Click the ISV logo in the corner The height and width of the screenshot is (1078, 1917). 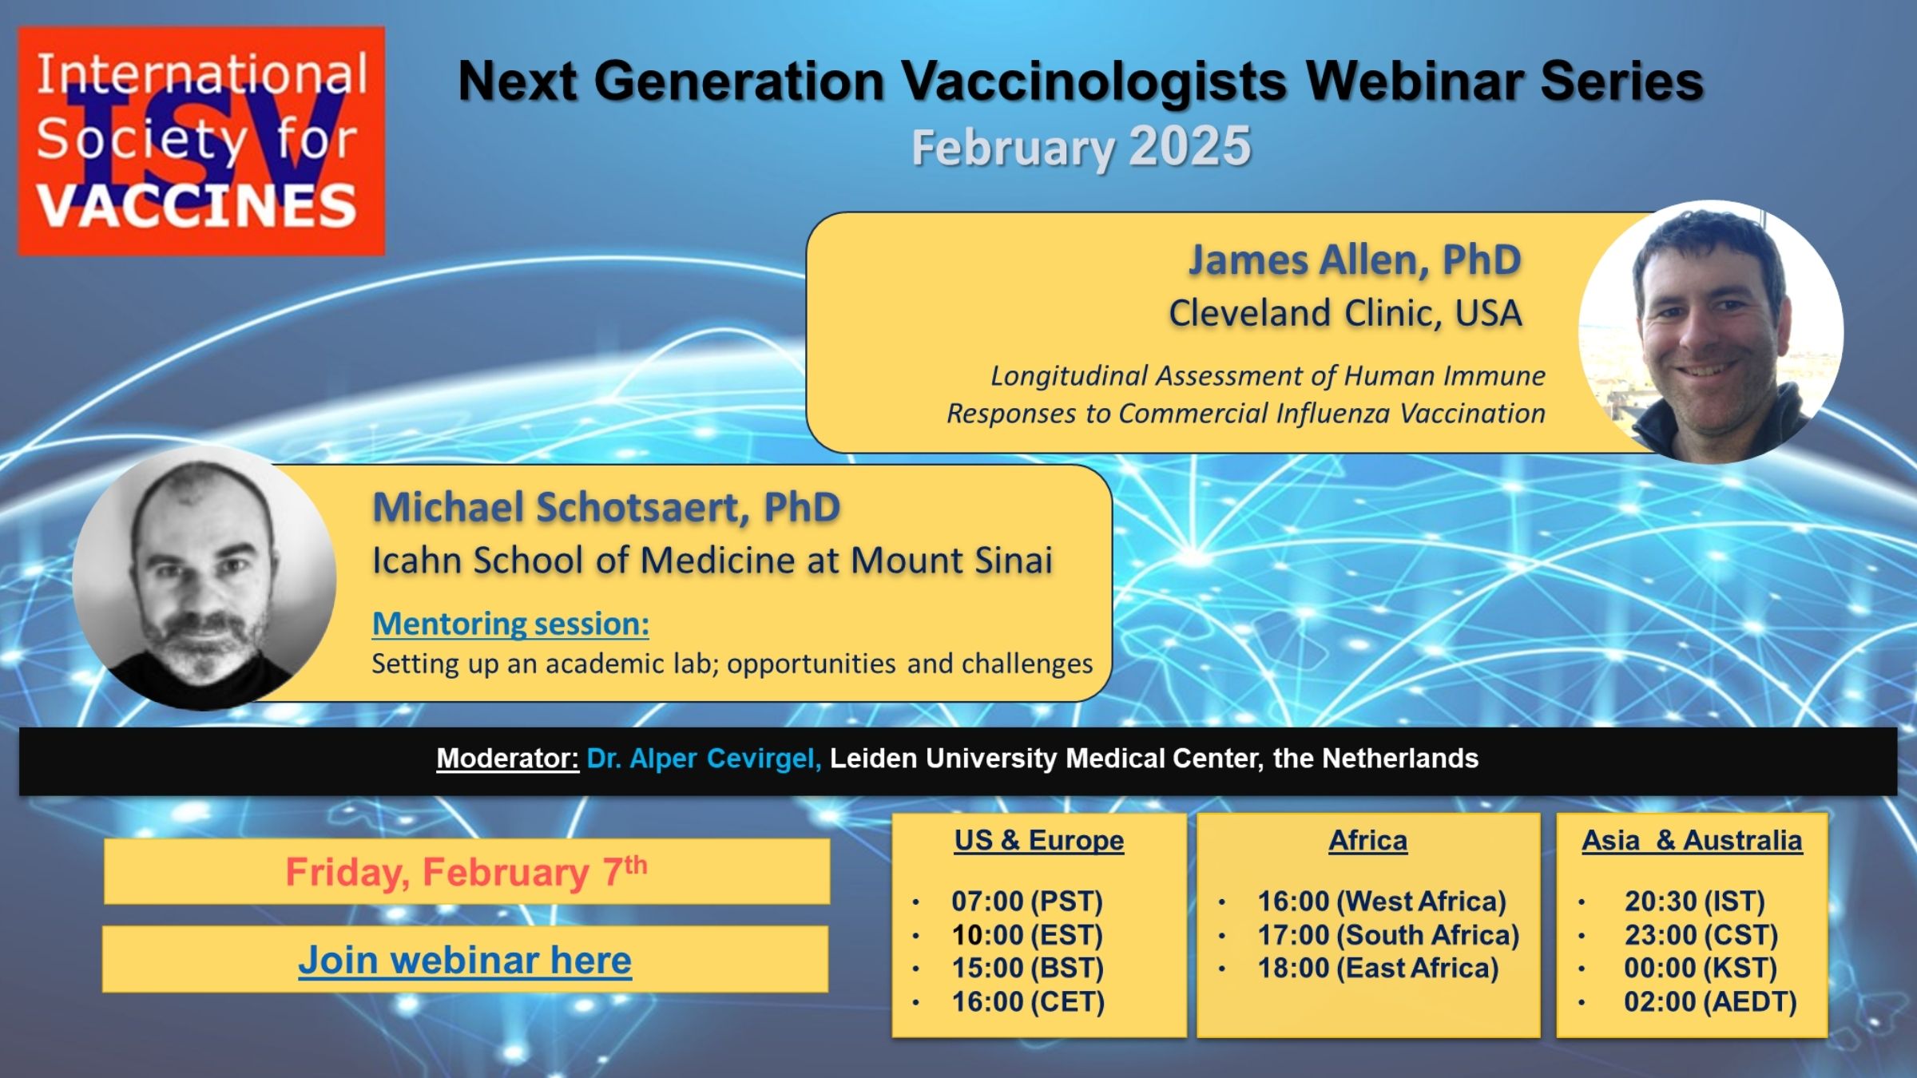[x=201, y=141]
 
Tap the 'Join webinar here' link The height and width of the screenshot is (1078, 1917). [x=465, y=960]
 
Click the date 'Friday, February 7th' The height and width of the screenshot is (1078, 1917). [x=466, y=871]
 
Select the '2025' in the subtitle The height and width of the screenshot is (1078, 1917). [x=1189, y=146]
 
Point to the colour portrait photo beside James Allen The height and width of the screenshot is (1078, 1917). [x=1710, y=331]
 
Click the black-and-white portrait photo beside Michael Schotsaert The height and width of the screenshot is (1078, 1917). [x=204, y=578]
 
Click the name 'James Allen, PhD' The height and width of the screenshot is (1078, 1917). [x=1355, y=260]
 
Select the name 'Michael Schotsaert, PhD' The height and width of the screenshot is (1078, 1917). [x=606, y=507]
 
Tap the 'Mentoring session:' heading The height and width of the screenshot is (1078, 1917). [x=510, y=624]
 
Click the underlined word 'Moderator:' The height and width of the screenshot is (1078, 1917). [x=507, y=758]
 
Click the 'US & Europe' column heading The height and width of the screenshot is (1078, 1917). [x=1039, y=840]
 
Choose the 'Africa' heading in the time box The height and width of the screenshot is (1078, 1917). [x=1368, y=840]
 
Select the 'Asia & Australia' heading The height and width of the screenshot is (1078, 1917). [x=1692, y=840]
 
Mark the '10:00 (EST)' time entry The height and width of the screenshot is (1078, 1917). [x=1027, y=934]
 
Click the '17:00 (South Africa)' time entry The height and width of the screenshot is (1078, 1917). [x=1388, y=934]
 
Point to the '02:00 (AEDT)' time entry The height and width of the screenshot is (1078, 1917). [x=1710, y=1001]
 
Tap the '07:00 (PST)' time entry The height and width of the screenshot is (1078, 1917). [x=1027, y=901]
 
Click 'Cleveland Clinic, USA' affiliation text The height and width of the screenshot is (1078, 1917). [x=1346, y=313]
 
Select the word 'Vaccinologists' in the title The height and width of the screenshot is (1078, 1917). [x=1093, y=82]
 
